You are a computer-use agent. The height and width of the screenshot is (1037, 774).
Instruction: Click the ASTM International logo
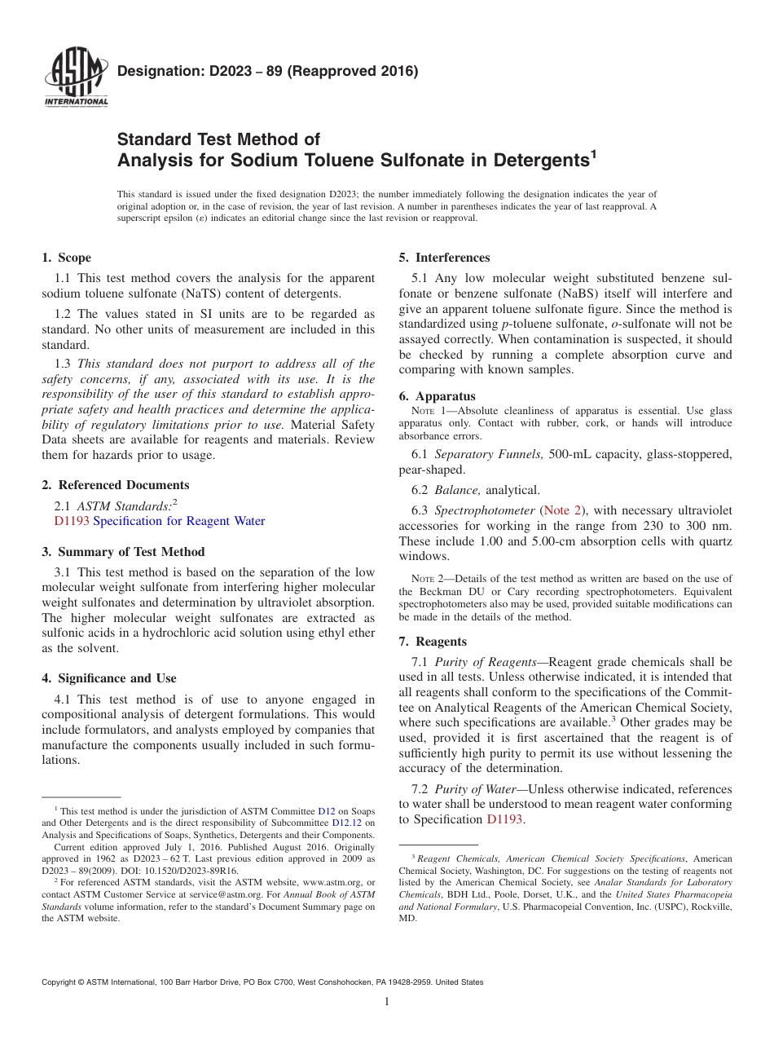75,79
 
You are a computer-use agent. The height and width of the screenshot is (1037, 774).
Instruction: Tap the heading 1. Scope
66,258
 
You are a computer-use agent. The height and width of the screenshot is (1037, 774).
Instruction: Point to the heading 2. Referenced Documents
115,485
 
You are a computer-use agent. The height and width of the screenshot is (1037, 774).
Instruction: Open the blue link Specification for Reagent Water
178,521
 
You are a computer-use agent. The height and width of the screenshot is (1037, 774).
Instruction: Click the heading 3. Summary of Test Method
123,552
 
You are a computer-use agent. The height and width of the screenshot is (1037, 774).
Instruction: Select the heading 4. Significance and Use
108,678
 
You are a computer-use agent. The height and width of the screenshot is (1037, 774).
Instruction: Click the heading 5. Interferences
444,258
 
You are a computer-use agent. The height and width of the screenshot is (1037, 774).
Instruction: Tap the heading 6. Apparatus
437,396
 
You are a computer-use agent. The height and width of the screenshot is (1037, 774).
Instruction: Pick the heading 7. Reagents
433,642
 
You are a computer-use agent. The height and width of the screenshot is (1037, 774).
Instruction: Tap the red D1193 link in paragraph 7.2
505,819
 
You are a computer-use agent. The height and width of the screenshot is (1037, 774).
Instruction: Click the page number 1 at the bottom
387,1002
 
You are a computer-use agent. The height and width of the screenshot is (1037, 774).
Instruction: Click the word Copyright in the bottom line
64,982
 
